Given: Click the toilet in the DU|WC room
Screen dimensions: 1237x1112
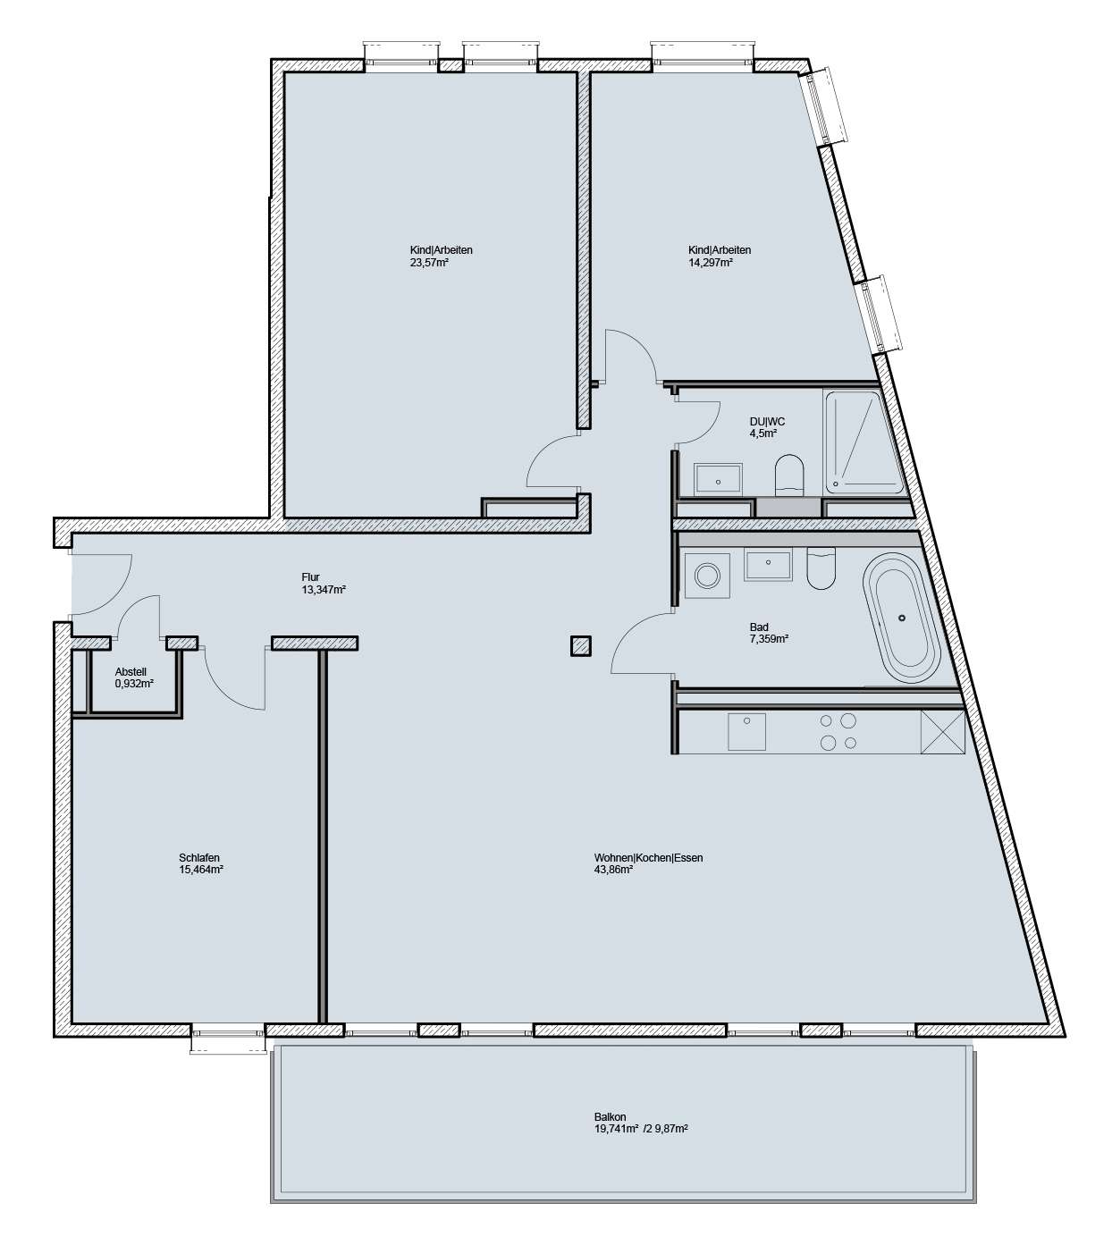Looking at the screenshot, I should [788, 474].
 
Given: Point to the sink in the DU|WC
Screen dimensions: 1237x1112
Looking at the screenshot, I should [718, 479].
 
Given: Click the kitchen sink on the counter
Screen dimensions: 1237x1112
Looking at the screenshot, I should [746, 732].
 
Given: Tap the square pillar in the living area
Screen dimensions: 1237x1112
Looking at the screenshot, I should [581, 645].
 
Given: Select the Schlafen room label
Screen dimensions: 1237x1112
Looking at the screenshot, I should [199, 857].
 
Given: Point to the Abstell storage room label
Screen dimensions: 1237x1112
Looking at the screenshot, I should [131, 672].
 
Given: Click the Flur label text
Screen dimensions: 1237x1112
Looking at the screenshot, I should [311, 577].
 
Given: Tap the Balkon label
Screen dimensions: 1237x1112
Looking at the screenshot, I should [610, 1116].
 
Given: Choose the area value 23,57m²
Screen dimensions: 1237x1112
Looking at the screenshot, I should [428, 263].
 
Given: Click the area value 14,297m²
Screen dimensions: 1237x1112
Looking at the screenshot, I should [711, 263].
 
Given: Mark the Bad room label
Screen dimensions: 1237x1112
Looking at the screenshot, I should [759, 627].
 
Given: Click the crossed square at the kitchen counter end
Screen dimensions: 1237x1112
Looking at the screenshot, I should [942, 732].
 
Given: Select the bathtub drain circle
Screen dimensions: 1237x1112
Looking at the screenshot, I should [901, 618].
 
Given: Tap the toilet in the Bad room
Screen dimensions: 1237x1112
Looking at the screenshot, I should [820, 569].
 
